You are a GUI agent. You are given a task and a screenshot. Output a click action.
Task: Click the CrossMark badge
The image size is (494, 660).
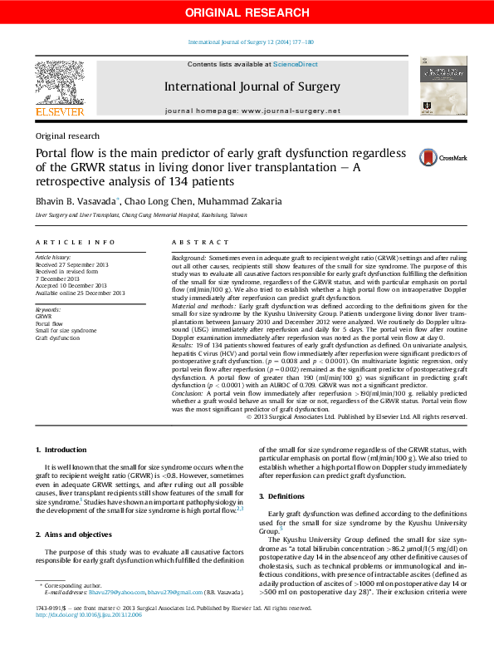(443, 157)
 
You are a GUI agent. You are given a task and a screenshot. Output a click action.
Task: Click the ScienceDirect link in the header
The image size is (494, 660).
(296, 64)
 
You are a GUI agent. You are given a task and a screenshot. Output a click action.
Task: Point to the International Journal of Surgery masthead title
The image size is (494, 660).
(252, 86)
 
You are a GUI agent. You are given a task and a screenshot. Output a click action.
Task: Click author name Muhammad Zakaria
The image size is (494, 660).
(245, 200)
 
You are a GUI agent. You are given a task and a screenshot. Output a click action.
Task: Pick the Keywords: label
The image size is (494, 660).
(48, 309)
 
